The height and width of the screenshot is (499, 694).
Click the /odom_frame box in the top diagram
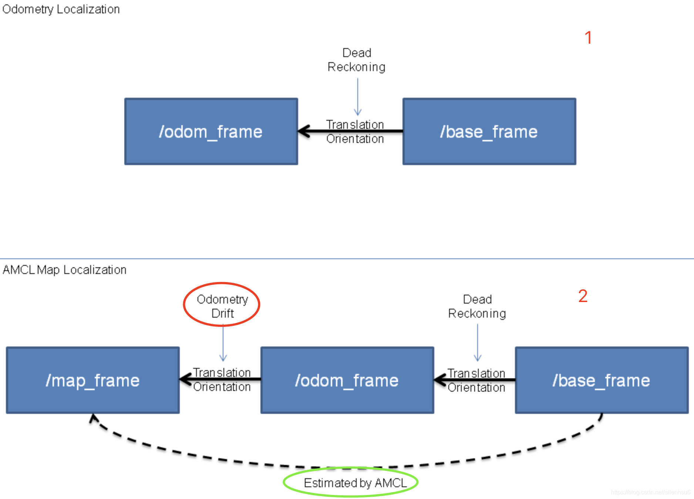click(211, 131)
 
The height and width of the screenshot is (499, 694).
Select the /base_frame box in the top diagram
click(489, 131)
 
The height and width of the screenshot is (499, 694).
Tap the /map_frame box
click(93, 380)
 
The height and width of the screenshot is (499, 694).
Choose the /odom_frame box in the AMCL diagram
click(347, 380)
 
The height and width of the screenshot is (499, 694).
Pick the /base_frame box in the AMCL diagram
click(602, 380)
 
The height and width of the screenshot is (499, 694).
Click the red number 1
click(588, 37)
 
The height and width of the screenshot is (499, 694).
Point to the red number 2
click(583, 296)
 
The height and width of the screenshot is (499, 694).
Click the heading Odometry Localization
click(61, 9)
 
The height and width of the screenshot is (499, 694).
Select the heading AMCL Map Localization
click(65, 270)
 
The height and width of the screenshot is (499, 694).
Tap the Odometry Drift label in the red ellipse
click(222, 306)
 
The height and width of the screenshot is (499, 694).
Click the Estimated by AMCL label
click(355, 483)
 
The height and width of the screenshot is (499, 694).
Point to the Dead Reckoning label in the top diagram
click(357, 60)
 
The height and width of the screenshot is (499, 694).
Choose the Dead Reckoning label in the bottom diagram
click(477, 307)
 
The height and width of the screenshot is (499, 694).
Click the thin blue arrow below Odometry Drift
click(223, 343)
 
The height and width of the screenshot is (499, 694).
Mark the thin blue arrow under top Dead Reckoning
click(358, 97)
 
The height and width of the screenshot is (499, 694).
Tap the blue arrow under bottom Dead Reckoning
click(478, 343)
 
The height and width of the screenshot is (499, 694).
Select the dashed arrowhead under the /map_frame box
click(94, 419)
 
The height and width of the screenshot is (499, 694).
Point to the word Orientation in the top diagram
click(355, 139)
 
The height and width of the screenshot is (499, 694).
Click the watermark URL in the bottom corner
click(651, 492)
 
